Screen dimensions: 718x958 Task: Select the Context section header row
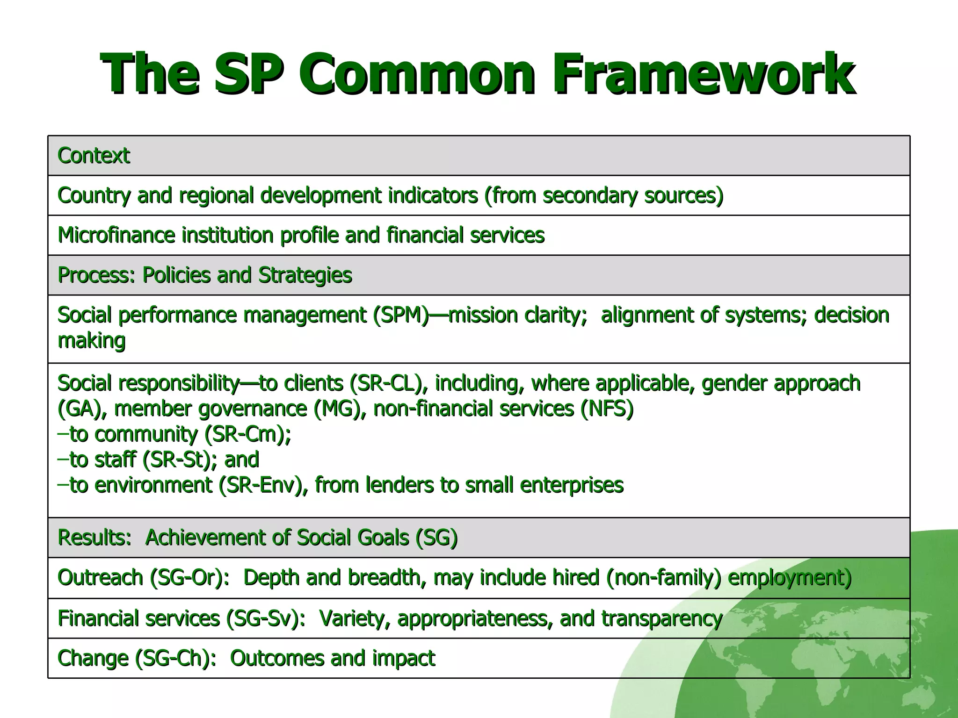[478, 156]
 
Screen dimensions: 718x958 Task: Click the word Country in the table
[94, 195]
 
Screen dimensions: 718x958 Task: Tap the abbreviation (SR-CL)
[388, 383]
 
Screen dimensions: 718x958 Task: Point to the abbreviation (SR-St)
[180, 460]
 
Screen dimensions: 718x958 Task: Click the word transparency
[662, 619]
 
